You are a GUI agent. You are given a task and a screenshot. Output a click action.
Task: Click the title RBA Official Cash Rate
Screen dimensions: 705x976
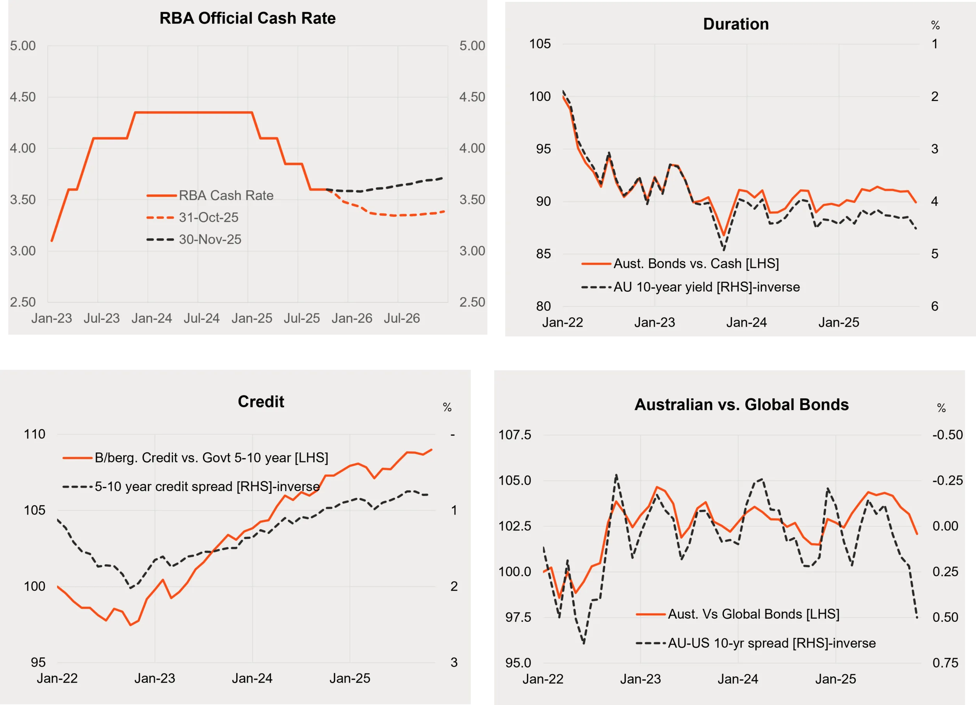tap(248, 18)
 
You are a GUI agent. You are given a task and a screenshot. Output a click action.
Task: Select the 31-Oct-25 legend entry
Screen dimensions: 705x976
tap(208, 218)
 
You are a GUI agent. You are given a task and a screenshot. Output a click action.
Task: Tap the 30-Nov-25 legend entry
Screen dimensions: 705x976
tap(210, 240)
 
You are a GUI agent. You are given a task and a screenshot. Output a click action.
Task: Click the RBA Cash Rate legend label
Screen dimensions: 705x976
tap(226, 196)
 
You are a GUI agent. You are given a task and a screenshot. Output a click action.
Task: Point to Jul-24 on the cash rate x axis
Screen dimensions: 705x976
tap(201, 318)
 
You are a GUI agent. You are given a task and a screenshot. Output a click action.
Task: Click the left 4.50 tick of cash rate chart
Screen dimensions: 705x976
tap(23, 97)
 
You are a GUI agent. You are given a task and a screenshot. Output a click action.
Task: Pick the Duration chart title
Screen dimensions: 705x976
tap(736, 24)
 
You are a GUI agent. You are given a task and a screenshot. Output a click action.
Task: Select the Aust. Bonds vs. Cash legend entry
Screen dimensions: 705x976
tap(696, 264)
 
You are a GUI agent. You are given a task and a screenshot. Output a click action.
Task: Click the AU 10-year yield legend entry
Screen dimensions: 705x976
tap(706, 287)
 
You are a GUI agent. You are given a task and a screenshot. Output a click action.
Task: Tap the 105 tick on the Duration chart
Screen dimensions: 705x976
tap(540, 44)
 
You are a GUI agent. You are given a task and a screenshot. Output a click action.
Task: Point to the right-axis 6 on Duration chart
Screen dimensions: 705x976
tap(935, 306)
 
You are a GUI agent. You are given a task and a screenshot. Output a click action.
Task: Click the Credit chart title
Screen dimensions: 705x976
tap(261, 402)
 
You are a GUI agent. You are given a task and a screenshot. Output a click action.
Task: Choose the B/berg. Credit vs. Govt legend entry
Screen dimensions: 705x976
tap(211, 458)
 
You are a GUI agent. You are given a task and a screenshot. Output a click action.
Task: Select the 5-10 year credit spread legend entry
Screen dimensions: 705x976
tap(207, 487)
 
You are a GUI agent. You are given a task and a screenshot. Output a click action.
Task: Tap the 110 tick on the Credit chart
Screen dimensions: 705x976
tap(34, 435)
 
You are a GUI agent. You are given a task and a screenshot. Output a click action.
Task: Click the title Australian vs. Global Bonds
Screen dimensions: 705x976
tap(741, 405)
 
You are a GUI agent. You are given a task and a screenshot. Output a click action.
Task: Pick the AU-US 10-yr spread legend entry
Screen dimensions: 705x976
tap(771, 643)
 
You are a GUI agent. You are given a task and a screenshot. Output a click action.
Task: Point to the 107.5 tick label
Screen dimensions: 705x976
tap(515, 435)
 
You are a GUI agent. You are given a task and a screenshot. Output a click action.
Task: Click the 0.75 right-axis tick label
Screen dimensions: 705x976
tap(945, 663)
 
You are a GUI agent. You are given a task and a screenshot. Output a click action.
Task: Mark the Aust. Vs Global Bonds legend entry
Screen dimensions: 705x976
tap(753, 614)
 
